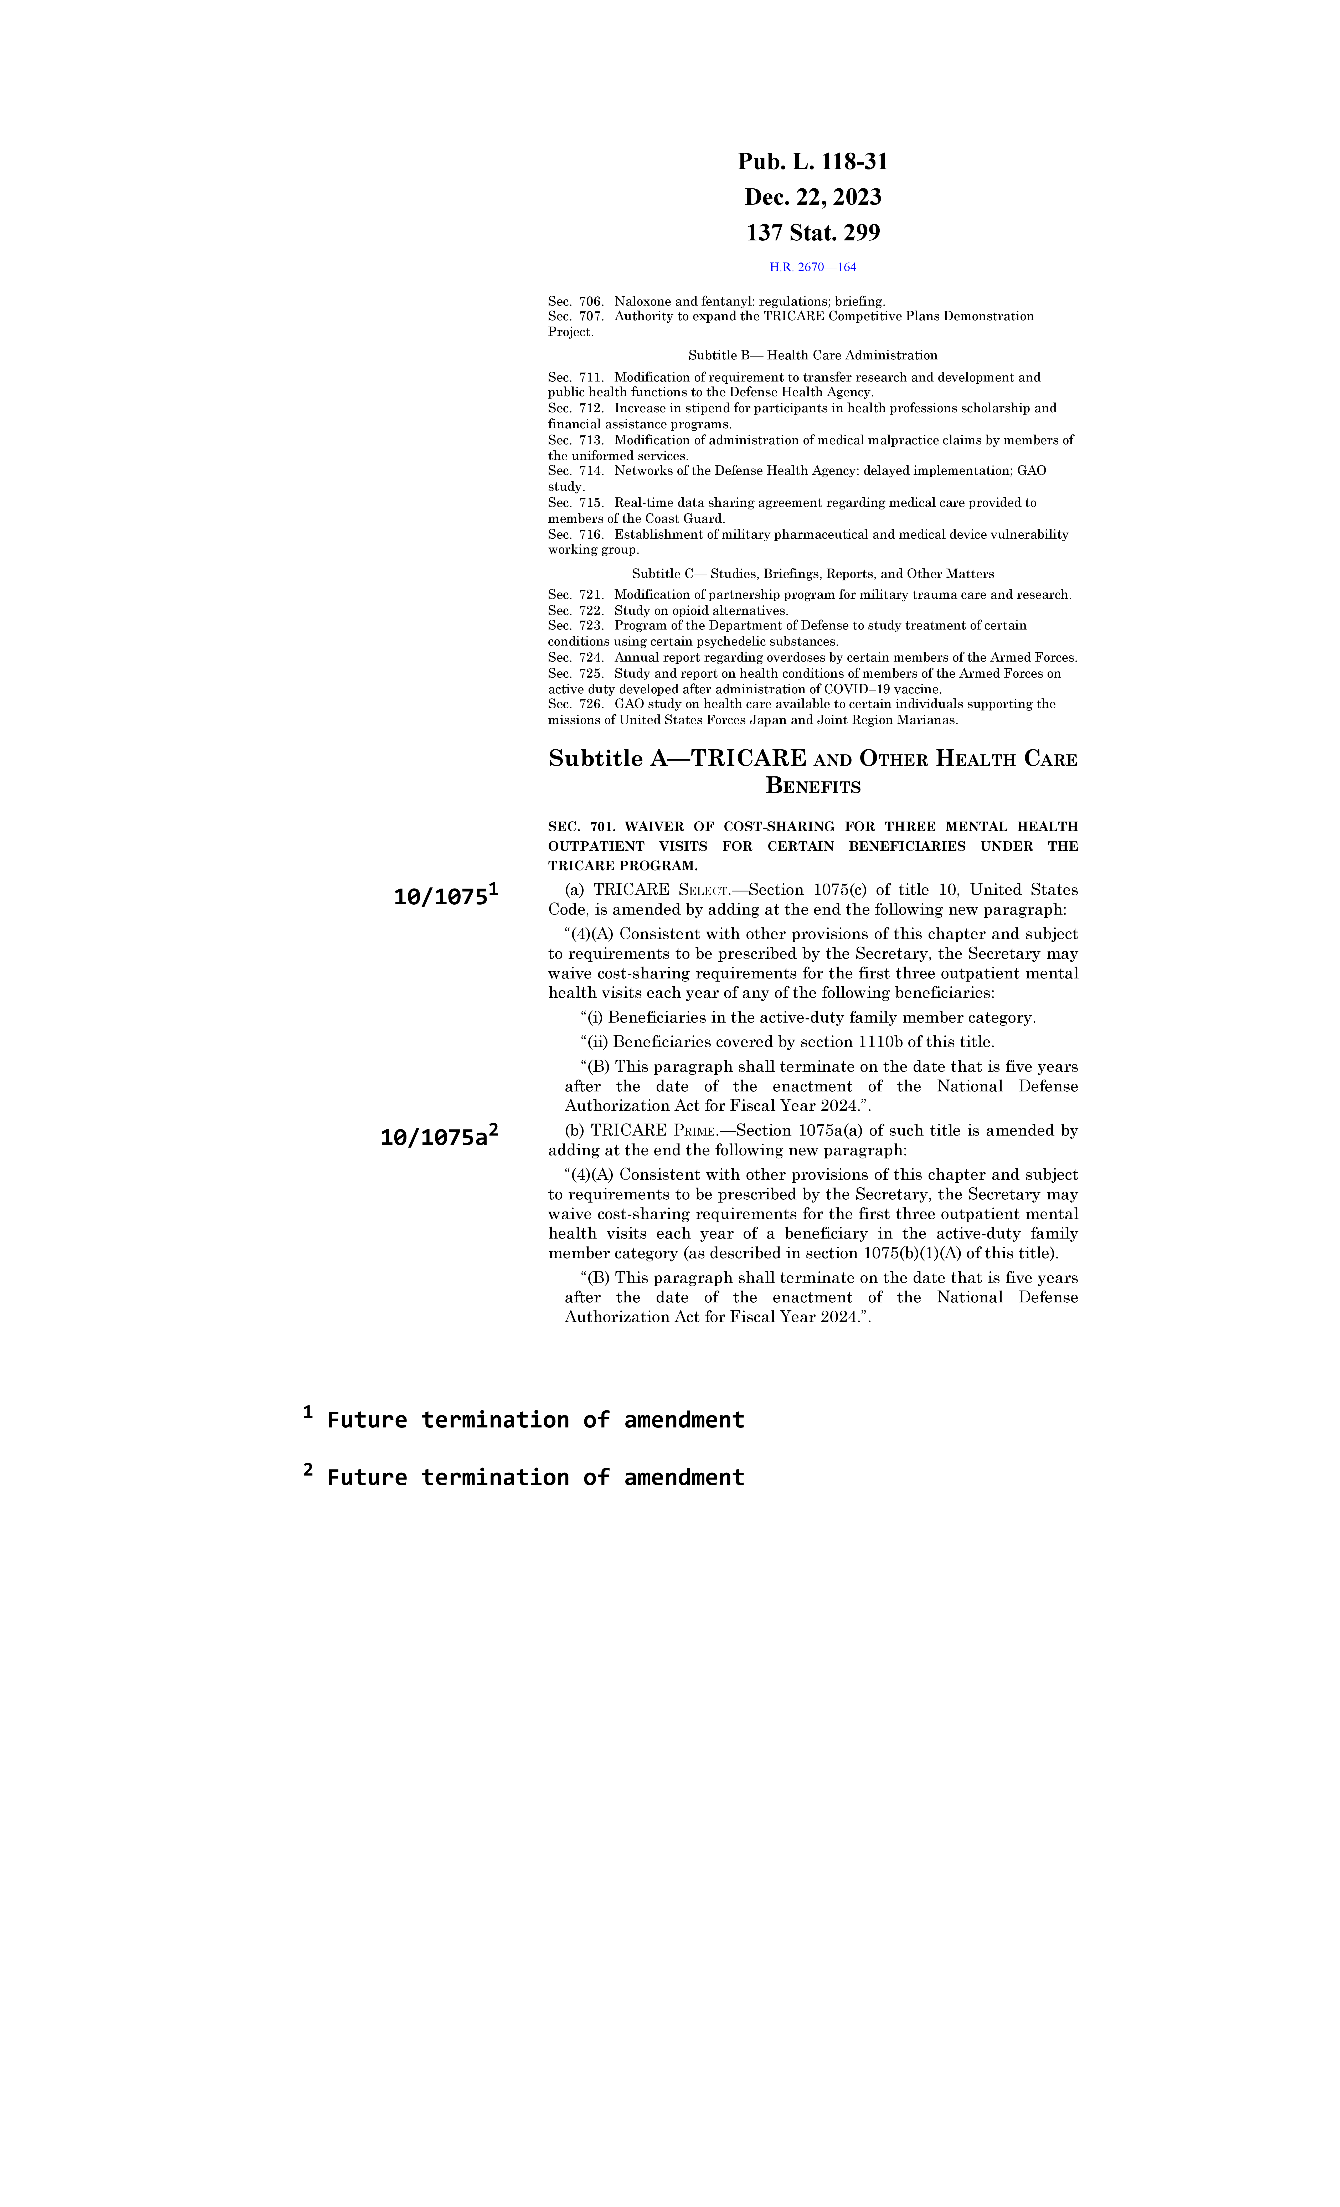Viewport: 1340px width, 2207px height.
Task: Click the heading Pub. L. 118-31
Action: click(x=812, y=162)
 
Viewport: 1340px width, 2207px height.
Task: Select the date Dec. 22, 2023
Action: click(x=812, y=197)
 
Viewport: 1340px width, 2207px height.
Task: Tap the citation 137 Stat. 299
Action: click(x=812, y=233)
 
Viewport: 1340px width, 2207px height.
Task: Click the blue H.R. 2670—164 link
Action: click(x=812, y=267)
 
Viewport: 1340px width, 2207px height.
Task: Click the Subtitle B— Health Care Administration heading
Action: click(x=812, y=355)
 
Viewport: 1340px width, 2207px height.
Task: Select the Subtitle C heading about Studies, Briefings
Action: click(x=812, y=574)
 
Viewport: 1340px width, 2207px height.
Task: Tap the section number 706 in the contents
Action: click(x=591, y=302)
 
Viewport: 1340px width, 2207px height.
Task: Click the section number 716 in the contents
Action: click(x=591, y=535)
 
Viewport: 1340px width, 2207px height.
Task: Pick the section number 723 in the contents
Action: click(x=591, y=625)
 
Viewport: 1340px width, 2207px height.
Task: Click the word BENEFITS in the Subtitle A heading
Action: click(x=812, y=786)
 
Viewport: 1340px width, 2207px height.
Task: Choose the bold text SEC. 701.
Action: click(x=576, y=827)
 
